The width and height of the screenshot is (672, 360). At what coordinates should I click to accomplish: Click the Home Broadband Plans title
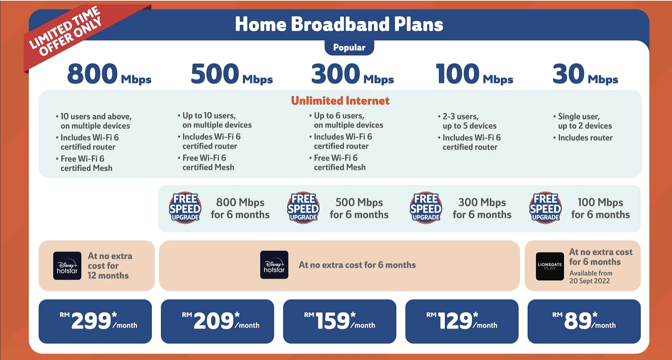(339, 24)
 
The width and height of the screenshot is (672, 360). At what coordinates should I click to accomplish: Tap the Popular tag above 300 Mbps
(349, 48)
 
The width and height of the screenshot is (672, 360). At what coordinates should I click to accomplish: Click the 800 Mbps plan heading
(109, 74)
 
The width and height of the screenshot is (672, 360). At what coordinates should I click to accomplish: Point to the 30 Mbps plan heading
(585, 74)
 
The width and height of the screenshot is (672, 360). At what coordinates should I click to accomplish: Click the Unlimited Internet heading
(340, 101)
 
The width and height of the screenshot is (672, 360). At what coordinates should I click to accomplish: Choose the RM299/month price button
(95, 321)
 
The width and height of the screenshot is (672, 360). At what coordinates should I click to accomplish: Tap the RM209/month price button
(217, 321)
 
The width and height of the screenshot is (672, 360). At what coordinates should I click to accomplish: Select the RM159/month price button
(339, 321)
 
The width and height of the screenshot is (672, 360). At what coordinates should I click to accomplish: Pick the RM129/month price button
(462, 321)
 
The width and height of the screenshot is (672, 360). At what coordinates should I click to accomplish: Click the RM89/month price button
(584, 321)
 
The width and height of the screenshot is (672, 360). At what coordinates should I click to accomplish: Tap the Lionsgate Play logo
(550, 266)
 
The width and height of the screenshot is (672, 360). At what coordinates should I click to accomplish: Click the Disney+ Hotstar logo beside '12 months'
(67, 266)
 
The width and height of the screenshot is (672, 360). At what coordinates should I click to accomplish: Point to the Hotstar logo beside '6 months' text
(274, 265)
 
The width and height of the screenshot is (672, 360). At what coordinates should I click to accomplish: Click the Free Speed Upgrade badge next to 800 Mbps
(185, 208)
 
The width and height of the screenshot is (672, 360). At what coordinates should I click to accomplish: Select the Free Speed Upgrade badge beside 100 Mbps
(545, 208)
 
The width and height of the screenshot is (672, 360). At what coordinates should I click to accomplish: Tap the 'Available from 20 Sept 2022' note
(591, 277)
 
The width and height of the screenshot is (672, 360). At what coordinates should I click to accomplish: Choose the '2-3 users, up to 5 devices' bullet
(469, 121)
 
